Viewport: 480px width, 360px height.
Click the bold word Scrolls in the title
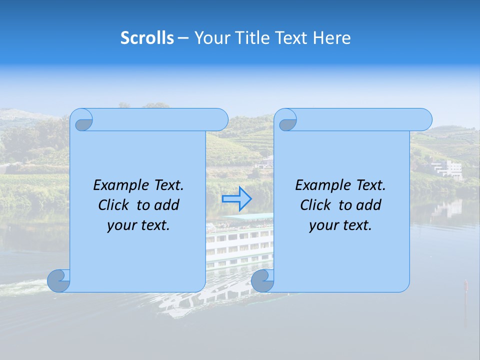point(147,38)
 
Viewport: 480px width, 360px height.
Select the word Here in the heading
point(332,38)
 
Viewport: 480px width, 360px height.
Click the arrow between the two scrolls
point(236,199)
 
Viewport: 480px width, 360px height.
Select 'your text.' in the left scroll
point(138,225)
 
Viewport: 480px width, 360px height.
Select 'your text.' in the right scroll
point(340,225)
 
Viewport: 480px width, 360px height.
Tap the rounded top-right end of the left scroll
point(220,119)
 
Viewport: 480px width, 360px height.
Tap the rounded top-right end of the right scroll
point(423,119)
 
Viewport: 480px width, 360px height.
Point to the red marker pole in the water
point(466,285)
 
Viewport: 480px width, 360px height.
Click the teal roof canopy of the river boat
point(248,217)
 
